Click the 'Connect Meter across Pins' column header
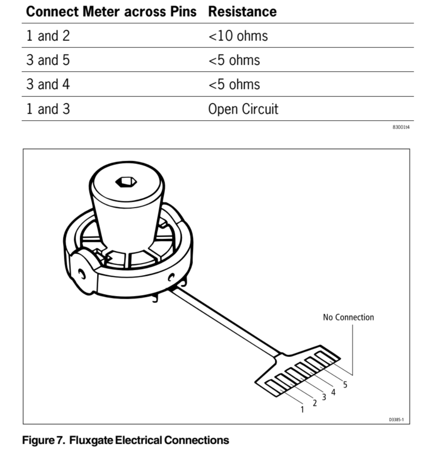pos(111,12)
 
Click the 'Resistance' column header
pos(242,12)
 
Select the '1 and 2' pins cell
pos(48,36)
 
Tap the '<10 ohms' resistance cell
pos(238,36)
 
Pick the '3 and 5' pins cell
pos(48,60)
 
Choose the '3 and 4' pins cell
pos(48,84)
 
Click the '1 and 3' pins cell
pos(48,109)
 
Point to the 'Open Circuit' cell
pos(243,109)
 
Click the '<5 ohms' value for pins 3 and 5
pos(234,60)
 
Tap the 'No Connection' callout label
pos(349,317)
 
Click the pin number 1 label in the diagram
pos(302,409)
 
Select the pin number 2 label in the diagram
pos(315,403)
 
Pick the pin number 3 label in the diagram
pos(324,397)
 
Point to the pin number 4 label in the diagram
pos(333,392)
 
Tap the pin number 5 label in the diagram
pos(345,385)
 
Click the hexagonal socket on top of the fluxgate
pos(126,182)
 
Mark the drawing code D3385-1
pos(396,420)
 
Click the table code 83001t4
pos(401,127)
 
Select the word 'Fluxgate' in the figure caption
pos(91,440)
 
